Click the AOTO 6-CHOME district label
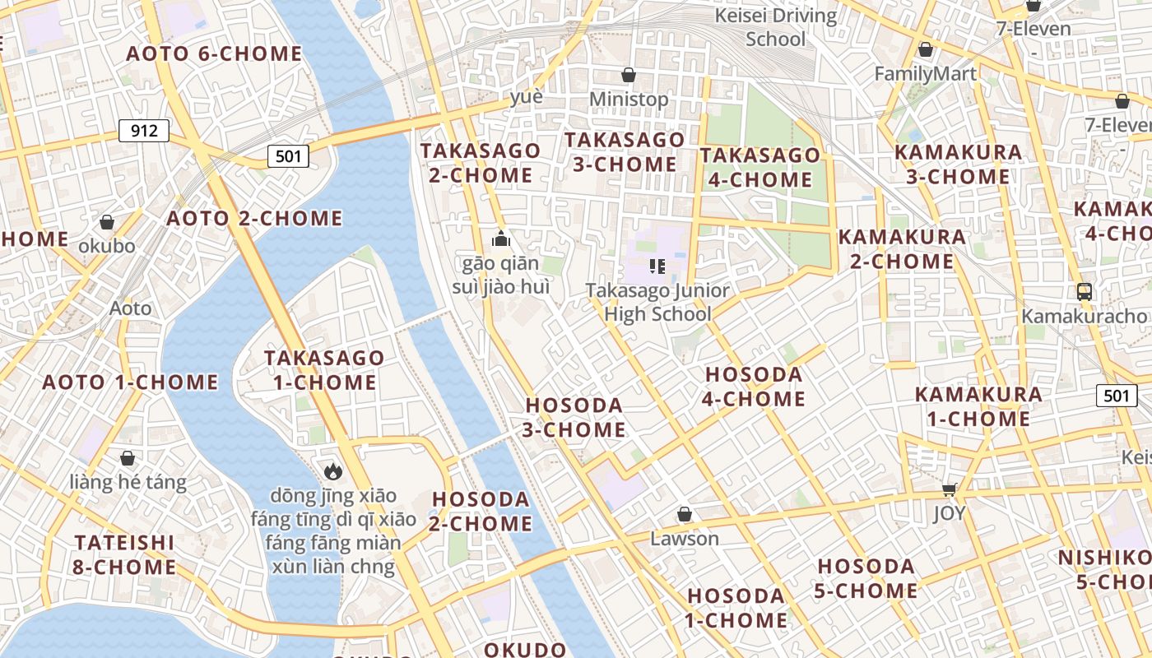[214, 54]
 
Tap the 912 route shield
[144, 131]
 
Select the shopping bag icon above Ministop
[629, 75]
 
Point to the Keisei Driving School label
[775, 27]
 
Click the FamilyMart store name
[925, 74]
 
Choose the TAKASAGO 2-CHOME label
[481, 163]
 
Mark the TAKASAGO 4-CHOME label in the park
[760, 167]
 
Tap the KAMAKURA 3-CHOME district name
[958, 164]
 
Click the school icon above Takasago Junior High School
[657, 266]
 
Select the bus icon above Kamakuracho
[1085, 291]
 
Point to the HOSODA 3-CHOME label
[575, 418]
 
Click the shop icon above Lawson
[684, 515]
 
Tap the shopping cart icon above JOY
[949, 490]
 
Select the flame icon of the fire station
[333, 470]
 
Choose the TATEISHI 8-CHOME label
[124, 555]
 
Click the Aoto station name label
[131, 308]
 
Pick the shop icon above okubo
[107, 222]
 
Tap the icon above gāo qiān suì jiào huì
[501, 239]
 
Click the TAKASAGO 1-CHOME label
[324, 370]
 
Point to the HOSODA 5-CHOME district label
[866, 578]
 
